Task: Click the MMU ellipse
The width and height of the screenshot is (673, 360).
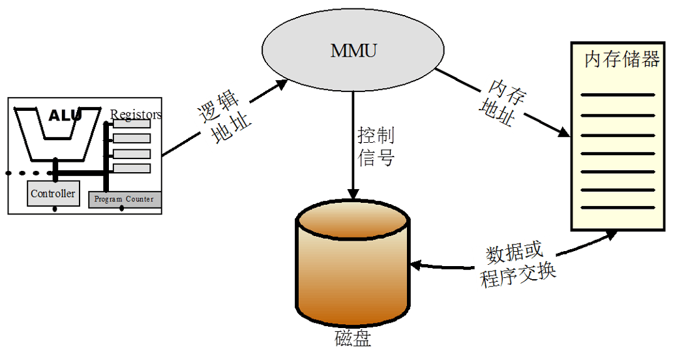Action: [353, 51]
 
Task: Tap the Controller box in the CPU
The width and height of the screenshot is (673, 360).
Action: [53, 194]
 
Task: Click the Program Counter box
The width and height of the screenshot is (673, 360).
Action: [125, 199]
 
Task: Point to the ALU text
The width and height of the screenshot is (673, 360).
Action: [65, 116]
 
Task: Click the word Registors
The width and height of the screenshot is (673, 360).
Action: [136, 115]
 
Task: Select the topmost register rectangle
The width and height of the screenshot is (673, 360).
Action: [132, 123]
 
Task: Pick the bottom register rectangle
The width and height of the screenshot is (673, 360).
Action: [132, 168]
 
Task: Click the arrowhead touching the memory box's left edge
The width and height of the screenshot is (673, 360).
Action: [564, 132]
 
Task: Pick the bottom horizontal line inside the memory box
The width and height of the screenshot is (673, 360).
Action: [617, 208]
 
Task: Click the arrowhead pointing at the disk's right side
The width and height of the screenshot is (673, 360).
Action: [415, 265]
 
